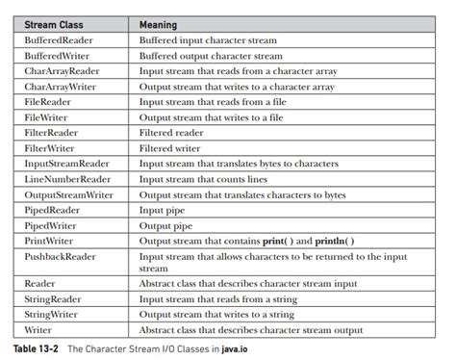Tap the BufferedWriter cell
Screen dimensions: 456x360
point(62,56)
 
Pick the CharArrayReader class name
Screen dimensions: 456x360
point(66,71)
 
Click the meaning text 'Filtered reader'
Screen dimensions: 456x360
point(174,134)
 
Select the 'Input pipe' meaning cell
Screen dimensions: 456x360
point(165,209)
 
